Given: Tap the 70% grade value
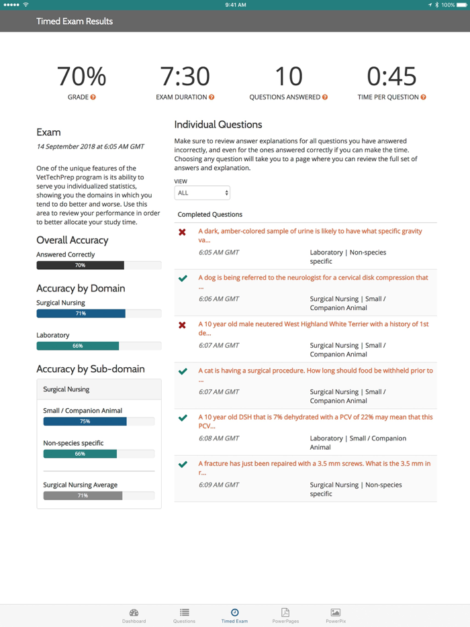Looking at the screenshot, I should click(x=82, y=77).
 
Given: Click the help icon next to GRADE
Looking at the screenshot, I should click(x=93, y=97).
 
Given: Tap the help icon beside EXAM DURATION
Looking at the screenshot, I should click(x=211, y=97).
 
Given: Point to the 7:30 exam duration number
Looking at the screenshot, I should click(x=185, y=77).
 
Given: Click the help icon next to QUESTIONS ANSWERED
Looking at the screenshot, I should click(x=325, y=97).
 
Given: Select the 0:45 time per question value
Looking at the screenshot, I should click(x=391, y=77).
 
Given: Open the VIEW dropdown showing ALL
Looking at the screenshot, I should click(x=202, y=193).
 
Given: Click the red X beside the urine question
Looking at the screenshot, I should click(x=182, y=232).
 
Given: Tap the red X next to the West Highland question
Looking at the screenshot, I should click(x=182, y=325).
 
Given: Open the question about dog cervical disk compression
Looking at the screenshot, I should click(x=313, y=278).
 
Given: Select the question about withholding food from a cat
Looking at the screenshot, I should click(x=315, y=371).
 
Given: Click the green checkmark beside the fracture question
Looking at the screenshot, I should click(x=183, y=464).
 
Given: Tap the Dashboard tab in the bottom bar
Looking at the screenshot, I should click(x=134, y=616).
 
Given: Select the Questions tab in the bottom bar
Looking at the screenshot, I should click(x=184, y=616).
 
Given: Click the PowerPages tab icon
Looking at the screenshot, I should click(x=285, y=613).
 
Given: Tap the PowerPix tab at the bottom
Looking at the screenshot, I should click(x=335, y=616).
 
